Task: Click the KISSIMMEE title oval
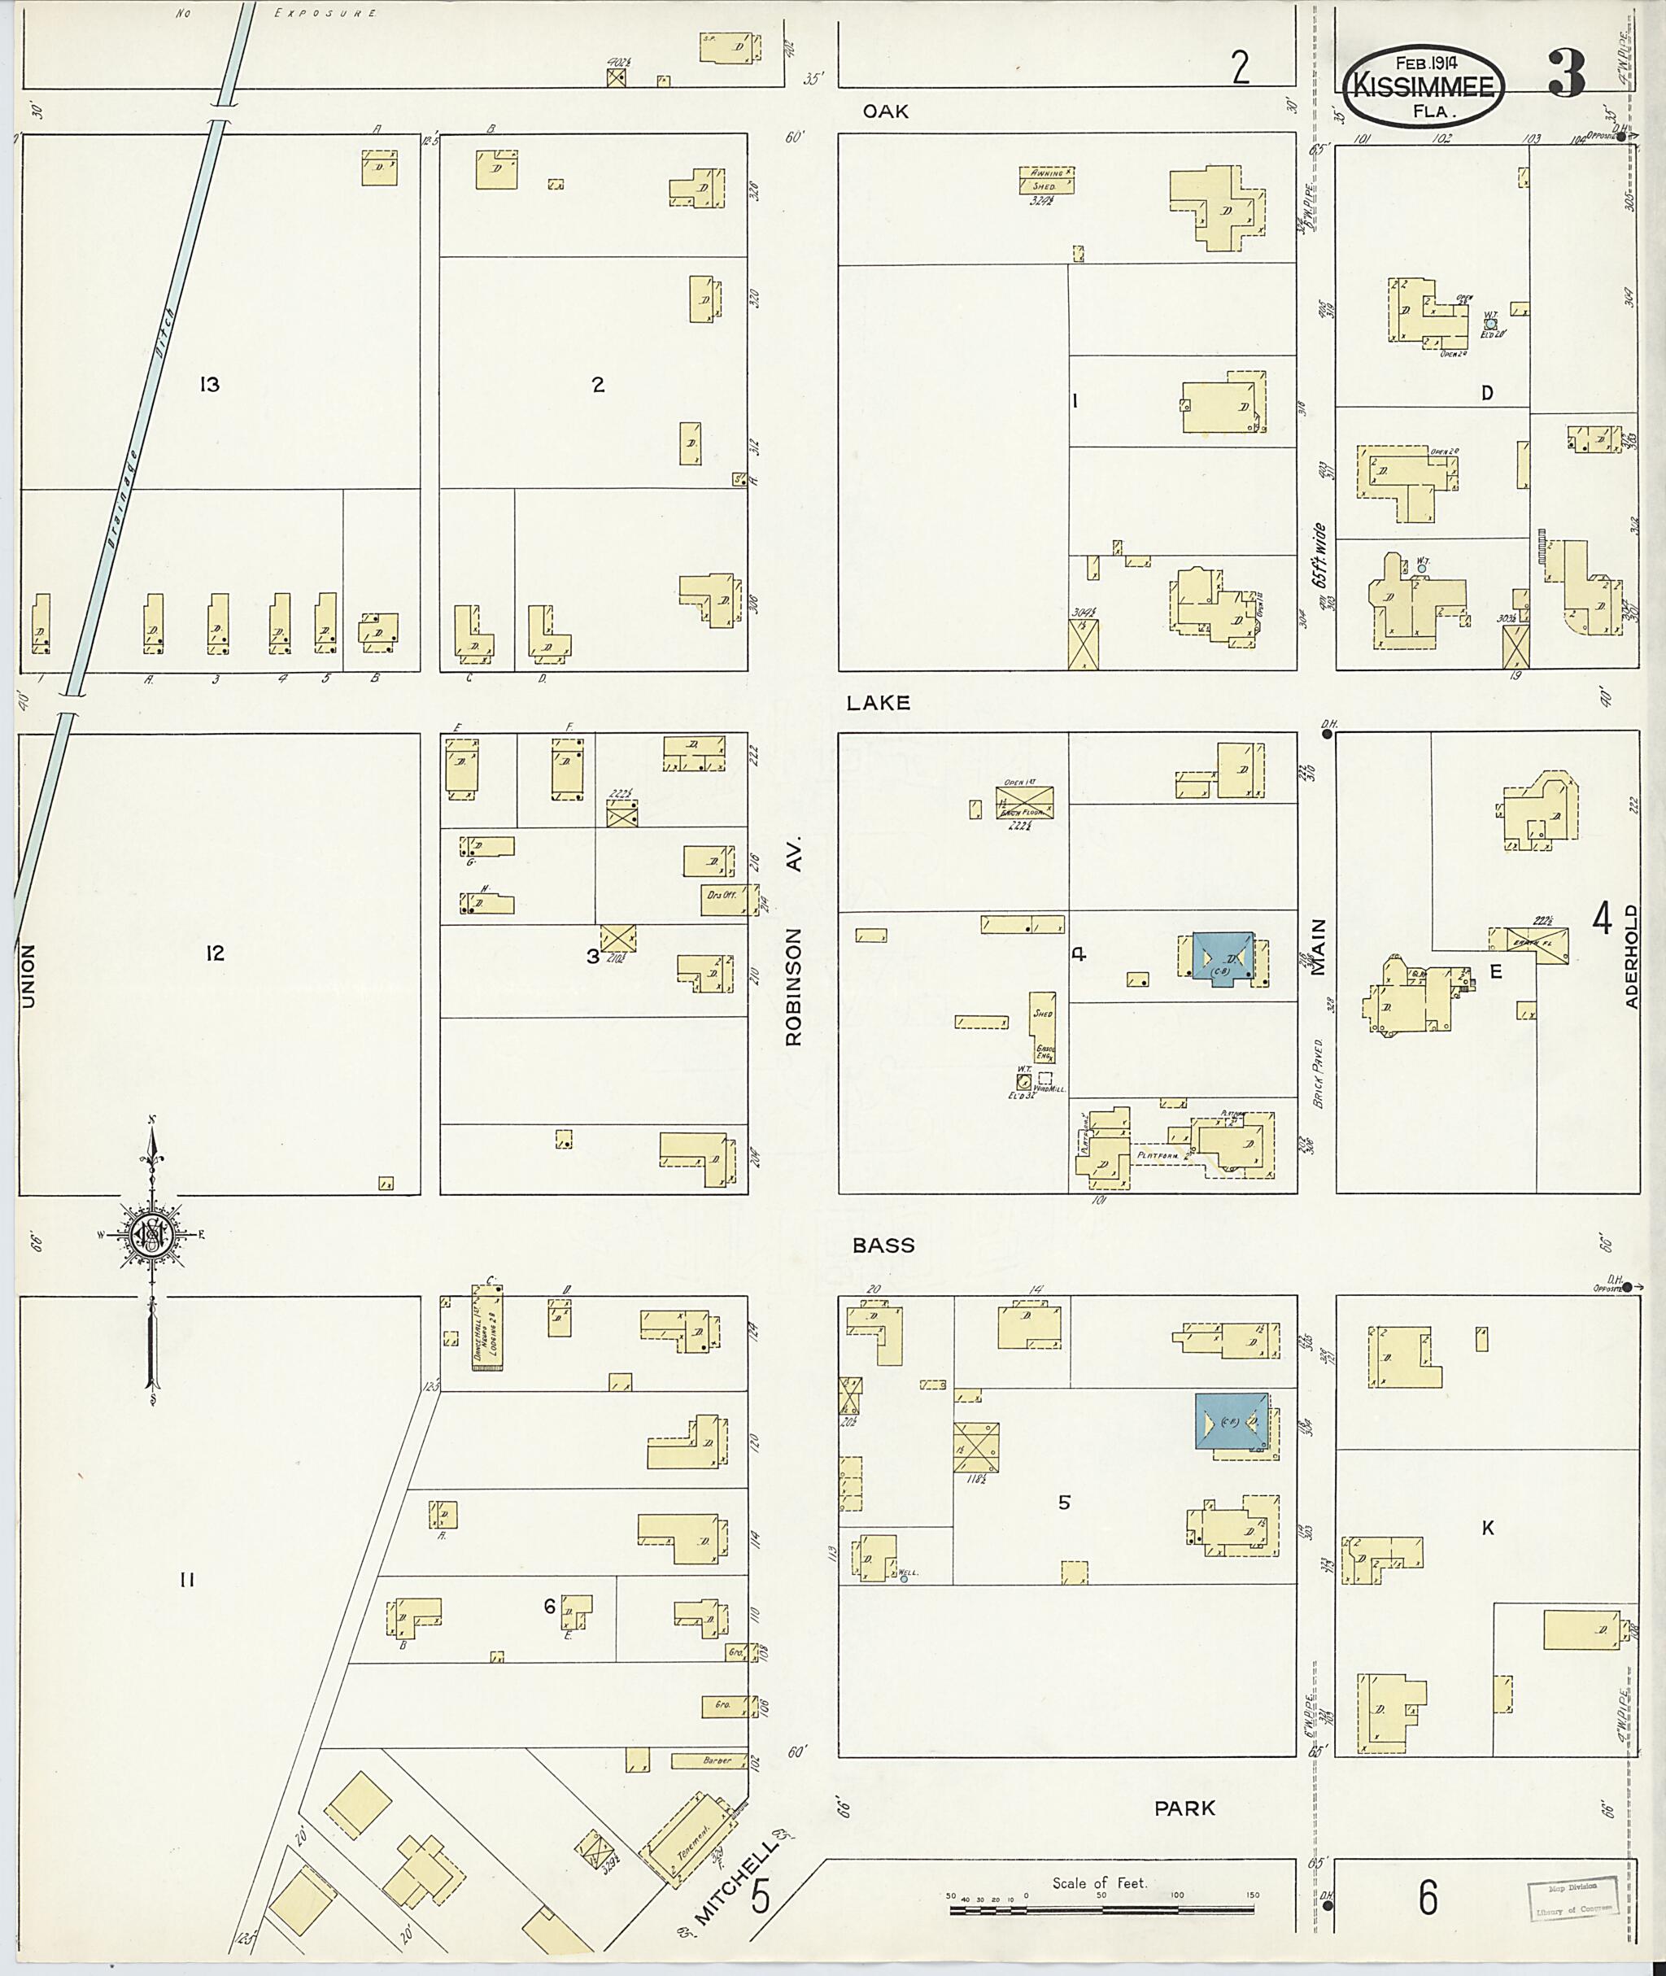point(1424,86)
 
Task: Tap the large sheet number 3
point(1566,75)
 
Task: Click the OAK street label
point(885,111)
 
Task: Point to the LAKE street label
point(878,703)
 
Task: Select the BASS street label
point(883,1245)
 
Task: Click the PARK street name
point(1184,1808)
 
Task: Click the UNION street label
point(28,975)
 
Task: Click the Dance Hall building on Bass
point(487,1327)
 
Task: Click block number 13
point(210,385)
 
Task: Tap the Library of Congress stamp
point(1572,1895)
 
